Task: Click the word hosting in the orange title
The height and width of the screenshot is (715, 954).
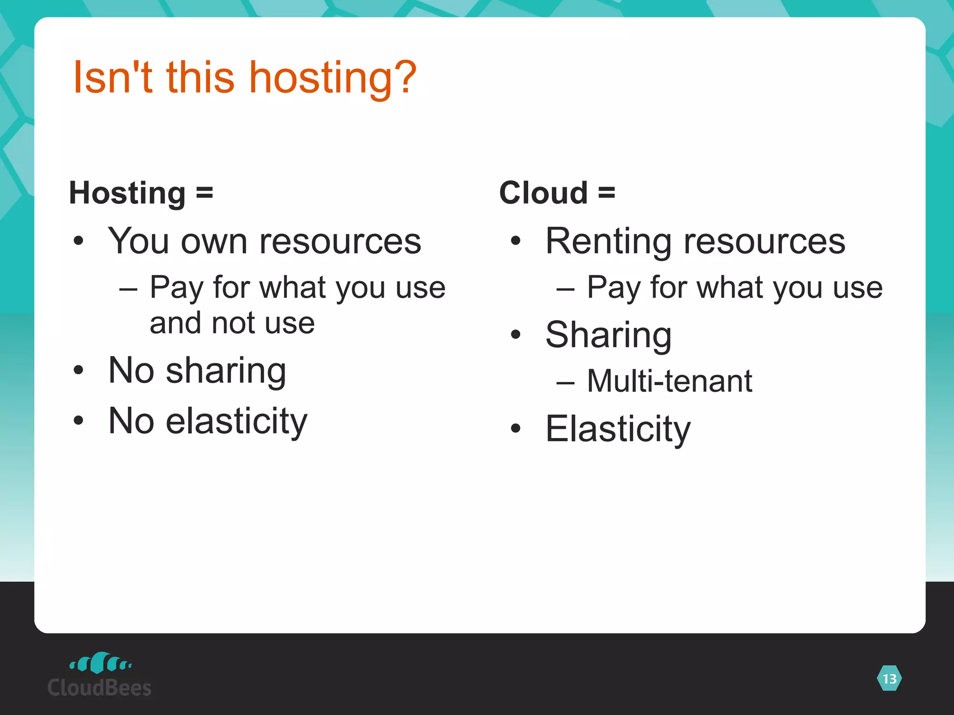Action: (321, 78)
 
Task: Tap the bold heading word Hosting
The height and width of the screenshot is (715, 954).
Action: (127, 193)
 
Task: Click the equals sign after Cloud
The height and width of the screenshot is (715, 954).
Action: (606, 193)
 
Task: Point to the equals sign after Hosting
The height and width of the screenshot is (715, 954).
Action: (204, 193)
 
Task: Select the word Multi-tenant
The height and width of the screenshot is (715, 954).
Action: (669, 381)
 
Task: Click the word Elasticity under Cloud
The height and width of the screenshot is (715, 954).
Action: (618, 429)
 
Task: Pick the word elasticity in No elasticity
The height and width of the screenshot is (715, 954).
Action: (237, 421)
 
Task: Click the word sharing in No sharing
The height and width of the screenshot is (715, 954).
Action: (226, 371)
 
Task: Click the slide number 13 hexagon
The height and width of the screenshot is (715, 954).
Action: (889, 679)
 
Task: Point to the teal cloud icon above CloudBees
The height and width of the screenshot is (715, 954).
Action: (100, 662)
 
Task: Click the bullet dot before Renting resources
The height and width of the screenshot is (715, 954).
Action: (515, 241)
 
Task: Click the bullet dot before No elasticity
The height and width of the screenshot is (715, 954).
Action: (78, 421)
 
